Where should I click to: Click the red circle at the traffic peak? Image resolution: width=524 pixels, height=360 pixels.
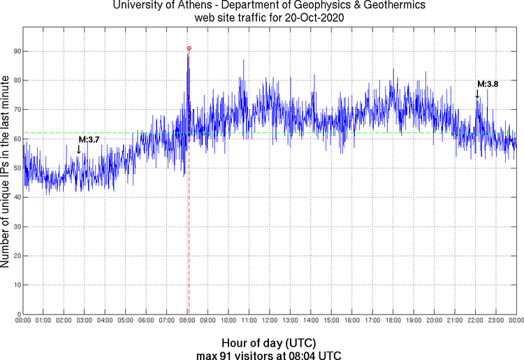(189, 48)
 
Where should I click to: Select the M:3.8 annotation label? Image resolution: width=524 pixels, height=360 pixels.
(488, 84)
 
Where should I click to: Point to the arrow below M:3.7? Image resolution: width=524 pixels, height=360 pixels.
(79, 149)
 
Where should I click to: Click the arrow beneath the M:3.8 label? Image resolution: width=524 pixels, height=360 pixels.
(477, 94)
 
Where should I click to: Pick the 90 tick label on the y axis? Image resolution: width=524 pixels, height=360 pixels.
(15, 52)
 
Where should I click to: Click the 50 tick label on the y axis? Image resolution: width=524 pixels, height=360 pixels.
(15, 168)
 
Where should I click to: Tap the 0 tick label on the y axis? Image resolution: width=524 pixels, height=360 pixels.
(17, 314)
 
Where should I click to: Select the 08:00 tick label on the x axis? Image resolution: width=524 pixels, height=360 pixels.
(187, 321)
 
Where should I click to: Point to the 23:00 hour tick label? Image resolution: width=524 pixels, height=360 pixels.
(496, 321)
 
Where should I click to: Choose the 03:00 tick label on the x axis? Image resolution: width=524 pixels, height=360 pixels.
(84, 321)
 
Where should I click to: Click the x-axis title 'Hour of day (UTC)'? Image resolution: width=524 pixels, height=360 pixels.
(269, 343)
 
